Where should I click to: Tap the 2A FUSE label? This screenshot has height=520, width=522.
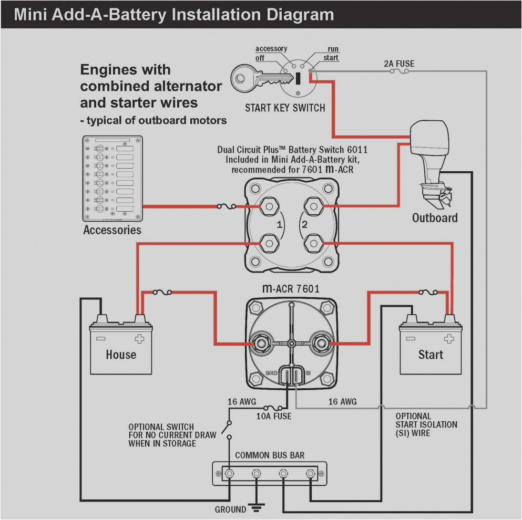point(398,64)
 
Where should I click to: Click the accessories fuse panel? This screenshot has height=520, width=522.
point(112,179)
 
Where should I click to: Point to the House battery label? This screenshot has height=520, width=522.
point(121,355)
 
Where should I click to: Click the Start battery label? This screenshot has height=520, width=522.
point(431,355)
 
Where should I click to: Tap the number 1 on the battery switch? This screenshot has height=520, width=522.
point(280,225)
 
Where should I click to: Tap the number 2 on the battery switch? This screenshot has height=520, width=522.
point(303,225)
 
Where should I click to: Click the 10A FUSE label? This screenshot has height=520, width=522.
point(273,416)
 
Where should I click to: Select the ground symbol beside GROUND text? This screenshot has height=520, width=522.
point(257,507)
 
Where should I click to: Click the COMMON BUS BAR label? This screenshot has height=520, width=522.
point(270,455)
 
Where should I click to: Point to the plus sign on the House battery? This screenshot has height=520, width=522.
point(140,339)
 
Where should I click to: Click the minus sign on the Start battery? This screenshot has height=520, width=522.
point(411,339)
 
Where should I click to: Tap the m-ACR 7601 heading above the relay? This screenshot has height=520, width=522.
point(290,288)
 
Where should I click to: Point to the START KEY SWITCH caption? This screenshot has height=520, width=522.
point(285,108)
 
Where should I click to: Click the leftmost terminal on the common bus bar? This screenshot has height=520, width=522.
point(229,474)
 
